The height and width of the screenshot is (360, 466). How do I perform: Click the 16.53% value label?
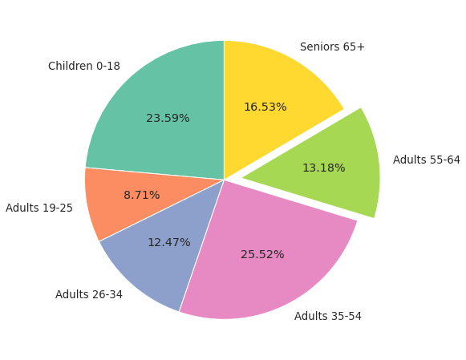[265, 107]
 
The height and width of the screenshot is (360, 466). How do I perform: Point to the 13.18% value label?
[323, 168]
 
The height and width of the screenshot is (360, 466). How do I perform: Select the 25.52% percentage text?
[262, 255]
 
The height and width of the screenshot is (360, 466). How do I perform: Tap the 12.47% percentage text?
[168, 243]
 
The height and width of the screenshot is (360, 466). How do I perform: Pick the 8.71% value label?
[141, 196]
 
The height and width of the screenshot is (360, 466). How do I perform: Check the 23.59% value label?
[168, 119]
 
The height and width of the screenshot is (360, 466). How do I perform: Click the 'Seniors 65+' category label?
[332, 47]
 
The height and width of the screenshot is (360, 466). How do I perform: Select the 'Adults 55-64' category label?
[426, 160]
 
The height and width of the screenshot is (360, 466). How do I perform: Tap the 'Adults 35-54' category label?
[327, 317]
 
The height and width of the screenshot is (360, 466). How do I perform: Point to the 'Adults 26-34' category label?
[89, 295]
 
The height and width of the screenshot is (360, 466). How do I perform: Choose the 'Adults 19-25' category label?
[39, 208]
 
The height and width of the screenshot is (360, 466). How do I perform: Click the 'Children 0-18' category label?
[84, 67]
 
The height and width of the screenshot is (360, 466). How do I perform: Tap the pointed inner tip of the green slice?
[243, 177]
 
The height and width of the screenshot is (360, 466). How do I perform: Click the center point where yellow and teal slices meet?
[224, 179]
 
